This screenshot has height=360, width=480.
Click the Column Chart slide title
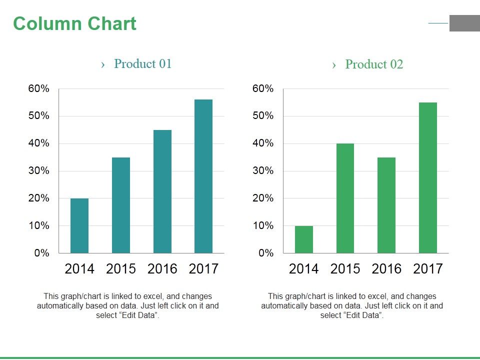point(74,24)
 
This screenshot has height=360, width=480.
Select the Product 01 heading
point(142,64)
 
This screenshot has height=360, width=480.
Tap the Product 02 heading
point(374,64)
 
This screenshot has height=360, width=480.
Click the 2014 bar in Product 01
point(79,225)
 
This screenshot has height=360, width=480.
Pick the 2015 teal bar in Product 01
point(121,205)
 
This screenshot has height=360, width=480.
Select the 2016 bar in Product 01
point(162,191)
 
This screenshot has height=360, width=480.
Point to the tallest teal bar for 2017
point(203,176)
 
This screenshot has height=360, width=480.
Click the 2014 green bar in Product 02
point(304,239)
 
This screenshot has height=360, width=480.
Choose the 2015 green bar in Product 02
point(345,198)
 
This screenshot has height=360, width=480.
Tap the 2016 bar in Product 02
point(386,205)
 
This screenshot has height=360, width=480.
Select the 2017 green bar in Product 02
point(428,177)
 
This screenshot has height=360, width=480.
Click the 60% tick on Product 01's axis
point(39,89)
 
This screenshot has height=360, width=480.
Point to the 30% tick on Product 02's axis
point(263,171)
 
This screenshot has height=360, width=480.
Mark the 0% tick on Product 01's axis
point(42,253)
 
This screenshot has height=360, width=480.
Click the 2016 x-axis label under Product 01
point(162,269)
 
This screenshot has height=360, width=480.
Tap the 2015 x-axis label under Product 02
point(345,269)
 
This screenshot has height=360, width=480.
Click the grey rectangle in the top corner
point(464,23)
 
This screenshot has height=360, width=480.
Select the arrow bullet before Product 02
point(334,65)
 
